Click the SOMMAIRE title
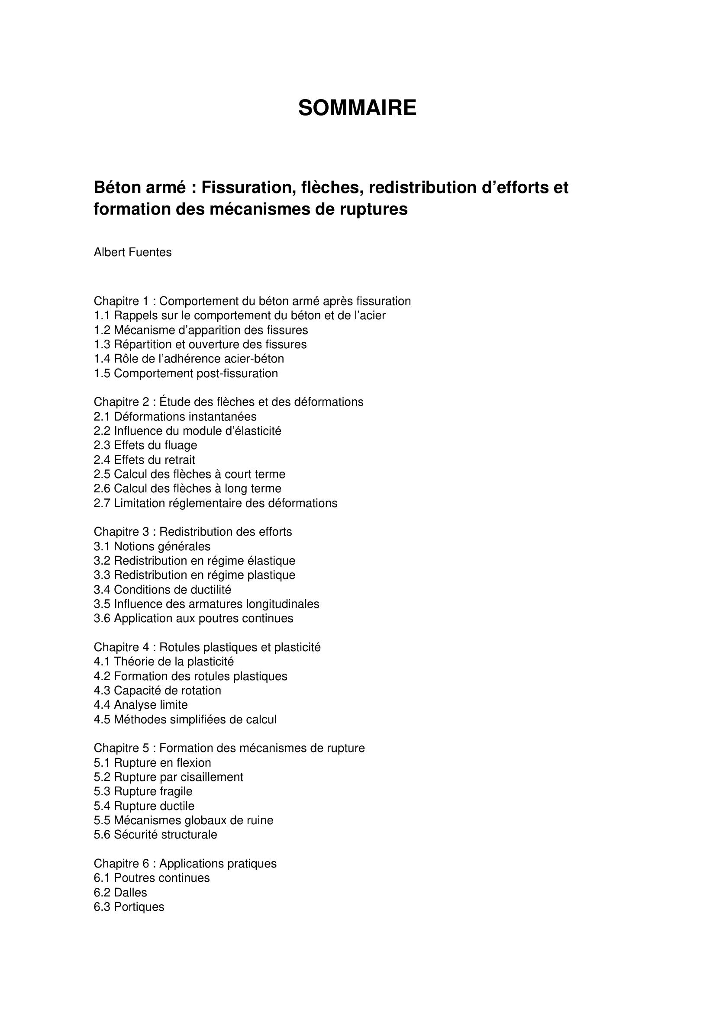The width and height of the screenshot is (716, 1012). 357,108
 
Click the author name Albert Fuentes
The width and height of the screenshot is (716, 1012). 133,253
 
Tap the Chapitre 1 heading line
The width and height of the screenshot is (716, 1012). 252,301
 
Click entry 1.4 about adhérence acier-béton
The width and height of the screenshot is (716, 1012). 189,359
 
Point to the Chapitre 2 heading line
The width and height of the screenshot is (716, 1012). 229,402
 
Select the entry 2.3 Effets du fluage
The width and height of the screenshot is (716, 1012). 145,445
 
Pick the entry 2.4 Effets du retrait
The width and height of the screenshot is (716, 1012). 144,460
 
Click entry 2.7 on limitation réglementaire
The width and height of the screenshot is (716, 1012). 216,503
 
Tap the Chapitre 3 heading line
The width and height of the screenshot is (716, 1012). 193,532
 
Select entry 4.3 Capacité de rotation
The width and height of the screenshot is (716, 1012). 158,690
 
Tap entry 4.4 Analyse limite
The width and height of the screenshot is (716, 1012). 141,705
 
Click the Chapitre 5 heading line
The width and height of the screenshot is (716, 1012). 229,748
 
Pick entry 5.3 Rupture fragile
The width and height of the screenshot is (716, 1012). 143,791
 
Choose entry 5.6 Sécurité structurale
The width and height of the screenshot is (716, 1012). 155,834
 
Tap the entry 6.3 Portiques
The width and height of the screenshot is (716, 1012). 129,907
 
